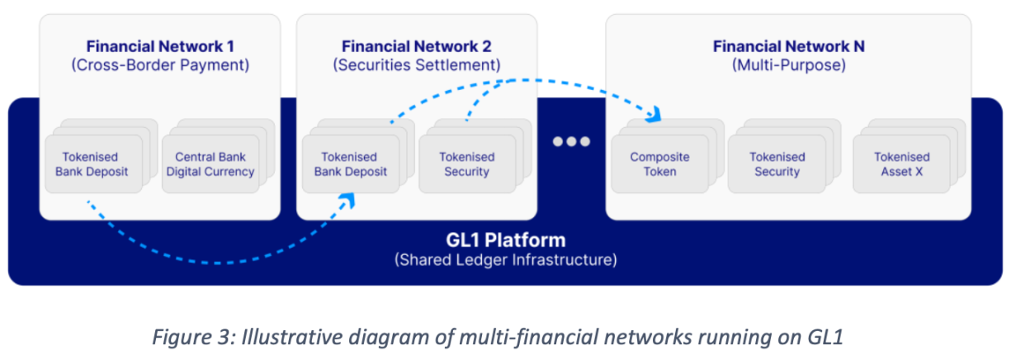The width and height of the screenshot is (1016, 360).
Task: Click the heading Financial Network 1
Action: [160, 46]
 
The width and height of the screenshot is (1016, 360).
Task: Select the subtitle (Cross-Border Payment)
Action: [160, 65]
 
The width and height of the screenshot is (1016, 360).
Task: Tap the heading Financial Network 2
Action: [417, 46]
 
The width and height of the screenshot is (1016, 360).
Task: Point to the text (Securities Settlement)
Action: [417, 65]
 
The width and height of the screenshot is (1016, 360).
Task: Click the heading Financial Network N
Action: [789, 46]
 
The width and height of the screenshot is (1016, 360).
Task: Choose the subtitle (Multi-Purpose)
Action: [789, 65]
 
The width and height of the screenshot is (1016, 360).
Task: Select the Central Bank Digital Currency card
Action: [210, 164]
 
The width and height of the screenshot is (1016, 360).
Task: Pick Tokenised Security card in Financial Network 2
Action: [466, 164]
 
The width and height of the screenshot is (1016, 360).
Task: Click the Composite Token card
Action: [659, 164]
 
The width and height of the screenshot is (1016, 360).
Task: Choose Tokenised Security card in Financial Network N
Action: [776, 164]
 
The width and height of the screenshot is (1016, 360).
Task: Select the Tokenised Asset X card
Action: [901, 164]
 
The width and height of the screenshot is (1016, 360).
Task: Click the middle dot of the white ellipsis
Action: [571, 141]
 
